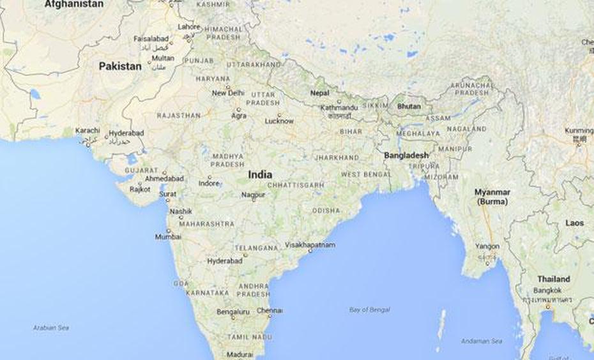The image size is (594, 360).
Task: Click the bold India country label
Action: [x=260, y=174]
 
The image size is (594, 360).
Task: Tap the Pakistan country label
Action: [x=120, y=66]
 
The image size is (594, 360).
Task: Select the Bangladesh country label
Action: [x=406, y=155]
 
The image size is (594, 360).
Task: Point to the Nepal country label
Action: [x=319, y=93]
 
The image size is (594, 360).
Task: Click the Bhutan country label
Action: [x=409, y=106]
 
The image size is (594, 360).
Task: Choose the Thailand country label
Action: [x=553, y=279]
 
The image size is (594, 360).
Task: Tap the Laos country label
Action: [x=574, y=223]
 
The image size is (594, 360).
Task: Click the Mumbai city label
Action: [x=168, y=237]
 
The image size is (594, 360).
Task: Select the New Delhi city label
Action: [x=228, y=93]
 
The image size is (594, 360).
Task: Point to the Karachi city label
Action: [x=88, y=130]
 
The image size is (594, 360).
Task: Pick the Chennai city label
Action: [x=269, y=310]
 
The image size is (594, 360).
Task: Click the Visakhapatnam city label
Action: [x=310, y=244]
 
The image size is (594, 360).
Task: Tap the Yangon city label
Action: [x=487, y=246]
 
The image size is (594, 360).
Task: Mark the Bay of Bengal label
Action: [x=369, y=310]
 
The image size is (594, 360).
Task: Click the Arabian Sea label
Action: [x=50, y=327]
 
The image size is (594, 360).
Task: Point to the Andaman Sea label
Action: [x=482, y=341]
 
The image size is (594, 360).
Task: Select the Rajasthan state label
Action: [x=178, y=116]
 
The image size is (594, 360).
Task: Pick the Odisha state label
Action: [x=326, y=211]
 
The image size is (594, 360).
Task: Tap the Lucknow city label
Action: [x=279, y=121]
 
